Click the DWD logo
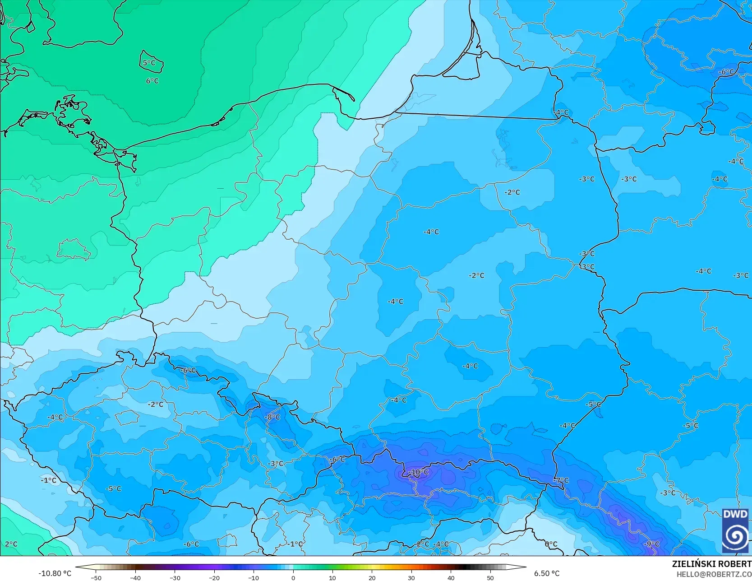[735, 530]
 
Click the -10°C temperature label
[418, 472]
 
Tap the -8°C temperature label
[272, 417]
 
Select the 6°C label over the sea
[152, 81]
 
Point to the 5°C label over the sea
[149, 63]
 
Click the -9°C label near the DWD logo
[651, 544]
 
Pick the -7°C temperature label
[561, 480]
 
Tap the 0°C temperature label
[551, 544]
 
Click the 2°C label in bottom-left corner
[11, 544]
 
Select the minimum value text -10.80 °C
[55, 573]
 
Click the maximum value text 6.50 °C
[547, 573]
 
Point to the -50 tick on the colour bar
[96, 578]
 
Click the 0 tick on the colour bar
[293, 578]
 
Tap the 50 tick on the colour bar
[490, 578]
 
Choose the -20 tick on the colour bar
[214, 578]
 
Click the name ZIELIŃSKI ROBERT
[711, 564]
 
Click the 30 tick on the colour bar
[411, 578]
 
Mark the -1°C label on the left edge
[49, 480]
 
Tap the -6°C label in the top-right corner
[726, 72]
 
